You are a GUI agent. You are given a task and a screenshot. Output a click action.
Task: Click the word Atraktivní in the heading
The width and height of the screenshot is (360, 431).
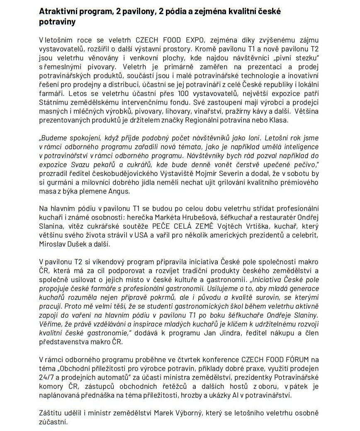click(56, 12)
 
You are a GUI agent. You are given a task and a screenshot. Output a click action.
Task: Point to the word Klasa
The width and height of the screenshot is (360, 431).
click(282, 120)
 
